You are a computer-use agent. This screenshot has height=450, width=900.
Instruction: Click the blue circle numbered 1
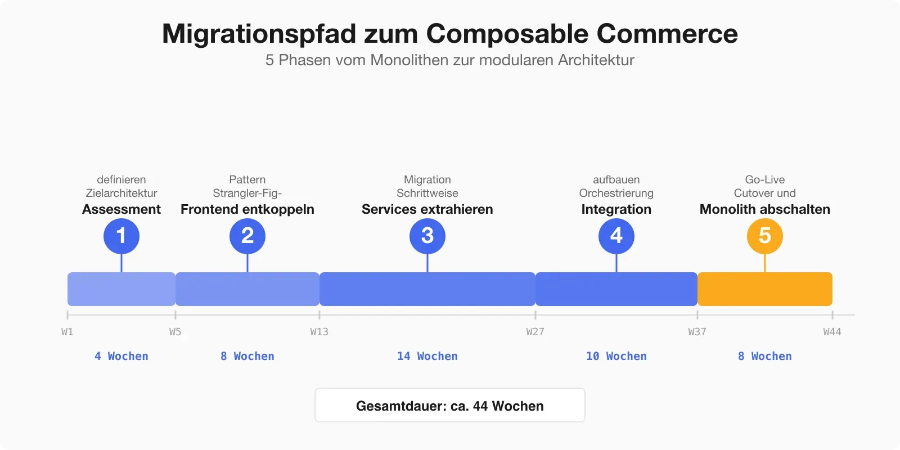pyautogui.click(x=121, y=236)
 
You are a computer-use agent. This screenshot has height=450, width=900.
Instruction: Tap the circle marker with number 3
pyautogui.click(x=427, y=236)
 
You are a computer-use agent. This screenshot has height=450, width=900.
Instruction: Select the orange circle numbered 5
pyautogui.click(x=765, y=236)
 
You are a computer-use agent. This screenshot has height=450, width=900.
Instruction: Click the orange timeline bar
pyautogui.click(x=765, y=289)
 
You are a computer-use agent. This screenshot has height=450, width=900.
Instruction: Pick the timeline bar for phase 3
pyautogui.click(x=427, y=289)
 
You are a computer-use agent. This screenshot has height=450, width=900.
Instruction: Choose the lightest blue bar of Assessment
pyautogui.click(x=121, y=289)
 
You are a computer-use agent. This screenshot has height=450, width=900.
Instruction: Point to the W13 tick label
pyautogui.click(x=319, y=332)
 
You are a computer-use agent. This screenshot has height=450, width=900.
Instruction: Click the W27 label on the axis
pyautogui.click(x=535, y=332)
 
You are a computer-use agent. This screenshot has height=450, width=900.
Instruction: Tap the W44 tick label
pyautogui.click(x=832, y=332)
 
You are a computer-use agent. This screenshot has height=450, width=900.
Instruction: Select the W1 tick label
pyautogui.click(x=67, y=332)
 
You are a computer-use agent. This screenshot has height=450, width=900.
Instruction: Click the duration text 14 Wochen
pyautogui.click(x=427, y=356)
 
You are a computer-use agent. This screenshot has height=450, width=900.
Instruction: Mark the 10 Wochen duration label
pyautogui.click(x=616, y=356)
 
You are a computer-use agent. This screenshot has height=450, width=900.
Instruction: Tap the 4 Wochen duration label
pyautogui.click(x=121, y=356)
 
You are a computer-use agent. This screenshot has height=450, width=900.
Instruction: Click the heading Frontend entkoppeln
pyautogui.click(x=247, y=209)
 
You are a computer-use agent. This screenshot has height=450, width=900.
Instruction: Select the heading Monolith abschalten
pyautogui.click(x=765, y=209)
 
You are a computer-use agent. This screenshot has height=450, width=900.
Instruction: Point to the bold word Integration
pyautogui.click(x=616, y=209)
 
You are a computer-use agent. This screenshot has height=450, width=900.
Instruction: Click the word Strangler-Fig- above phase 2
pyautogui.click(x=247, y=193)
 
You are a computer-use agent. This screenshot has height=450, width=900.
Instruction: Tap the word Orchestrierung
pyautogui.click(x=616, y=193)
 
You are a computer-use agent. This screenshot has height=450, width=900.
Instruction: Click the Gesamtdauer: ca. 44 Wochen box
pyautogui.click(x=450, y=406)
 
